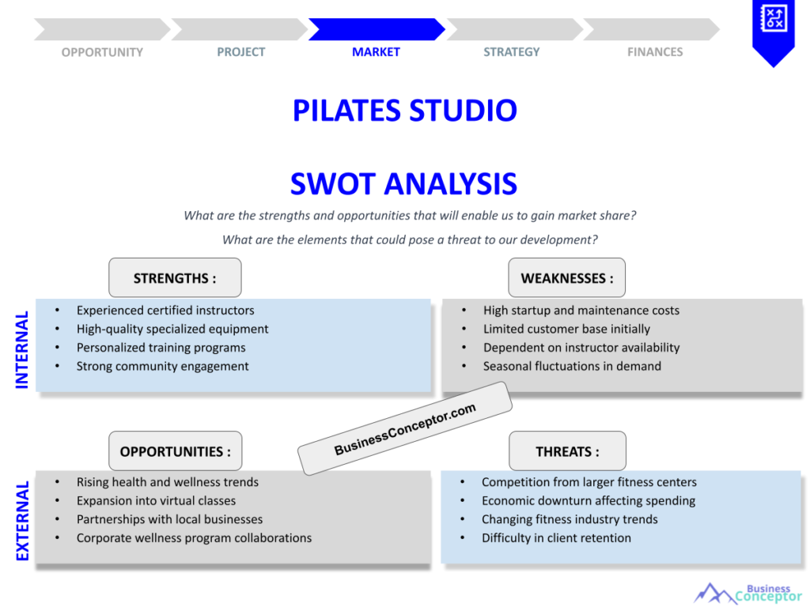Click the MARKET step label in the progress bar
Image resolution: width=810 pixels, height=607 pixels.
(x=376, y=52)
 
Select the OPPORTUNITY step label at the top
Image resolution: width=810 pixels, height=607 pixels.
(x=102, y=52)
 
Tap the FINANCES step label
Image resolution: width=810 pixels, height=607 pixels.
(x=655, y=52)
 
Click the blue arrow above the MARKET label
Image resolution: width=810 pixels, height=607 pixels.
(x=376, y=29)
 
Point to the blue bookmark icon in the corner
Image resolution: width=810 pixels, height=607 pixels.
(x=773, y=32)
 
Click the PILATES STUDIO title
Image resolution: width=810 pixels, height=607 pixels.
(x=404, y=111)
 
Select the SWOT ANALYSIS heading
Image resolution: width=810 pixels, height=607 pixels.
(x=403, y=184)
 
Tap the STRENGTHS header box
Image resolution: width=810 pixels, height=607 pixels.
(x=175, y=278)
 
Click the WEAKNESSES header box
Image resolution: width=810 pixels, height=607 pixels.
(x=566, y=278)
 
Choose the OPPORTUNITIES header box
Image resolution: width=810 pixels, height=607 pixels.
(x=176, y=451)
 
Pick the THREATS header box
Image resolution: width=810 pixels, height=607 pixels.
(x=567, y=451)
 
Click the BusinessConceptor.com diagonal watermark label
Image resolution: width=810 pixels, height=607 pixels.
(x=405, y=428)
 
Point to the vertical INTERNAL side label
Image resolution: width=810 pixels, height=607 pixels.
(x=22, y=349)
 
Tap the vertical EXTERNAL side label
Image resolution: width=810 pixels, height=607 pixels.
(x=22, y=521)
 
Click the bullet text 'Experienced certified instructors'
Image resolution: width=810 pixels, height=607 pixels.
(x=165, y=311)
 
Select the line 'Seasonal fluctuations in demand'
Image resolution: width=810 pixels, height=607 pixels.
(x=572, y=366)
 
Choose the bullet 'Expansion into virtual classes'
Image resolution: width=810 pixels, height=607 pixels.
(x=156, y=500)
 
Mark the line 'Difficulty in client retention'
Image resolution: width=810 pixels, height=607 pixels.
(x=556, y=537)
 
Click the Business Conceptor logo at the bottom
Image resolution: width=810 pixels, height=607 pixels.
(x=748, y=593)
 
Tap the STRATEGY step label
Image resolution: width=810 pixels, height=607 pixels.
(x=512, y=52)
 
